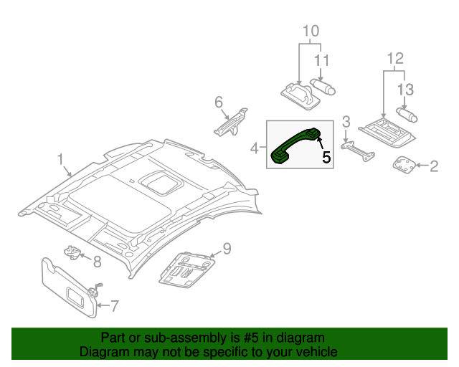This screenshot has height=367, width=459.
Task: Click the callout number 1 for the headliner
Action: pos(61,158)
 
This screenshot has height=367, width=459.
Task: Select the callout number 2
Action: pos(433,167)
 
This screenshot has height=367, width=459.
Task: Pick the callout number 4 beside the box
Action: pos(255,148)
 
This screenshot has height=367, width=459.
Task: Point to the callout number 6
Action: pos(219,103)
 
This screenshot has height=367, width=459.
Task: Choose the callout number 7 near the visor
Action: pos(114,307)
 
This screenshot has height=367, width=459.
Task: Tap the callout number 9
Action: pos(226,249)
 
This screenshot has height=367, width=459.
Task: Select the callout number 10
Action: pos(310,31)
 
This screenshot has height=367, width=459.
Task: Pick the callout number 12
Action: pos(395,58)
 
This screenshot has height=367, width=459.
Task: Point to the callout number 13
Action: pos(405,89)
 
